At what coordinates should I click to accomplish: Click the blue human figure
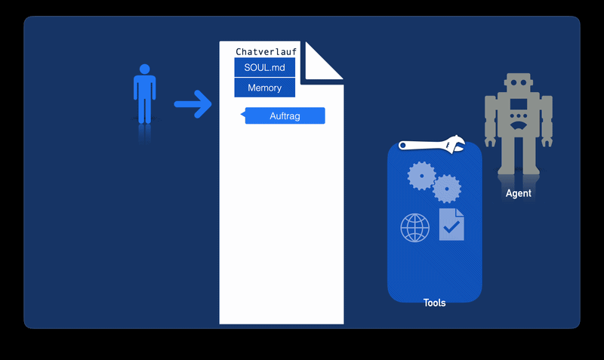144,94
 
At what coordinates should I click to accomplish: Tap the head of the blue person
144,69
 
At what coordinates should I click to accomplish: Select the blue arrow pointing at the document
193,104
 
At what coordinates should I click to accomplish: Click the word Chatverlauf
267,51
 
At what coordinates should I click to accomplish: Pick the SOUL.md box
265,67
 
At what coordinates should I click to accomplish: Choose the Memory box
265,88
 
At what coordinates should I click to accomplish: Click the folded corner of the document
322,62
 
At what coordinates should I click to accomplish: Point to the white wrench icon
431,145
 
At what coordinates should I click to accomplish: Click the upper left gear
421,176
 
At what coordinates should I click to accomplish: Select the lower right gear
447,189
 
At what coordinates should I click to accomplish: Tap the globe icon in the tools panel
414,228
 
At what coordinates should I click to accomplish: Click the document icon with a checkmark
451,224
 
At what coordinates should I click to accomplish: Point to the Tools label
435,303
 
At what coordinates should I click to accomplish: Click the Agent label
519,193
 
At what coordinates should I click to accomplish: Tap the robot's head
519,82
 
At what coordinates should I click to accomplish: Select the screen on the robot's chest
519,104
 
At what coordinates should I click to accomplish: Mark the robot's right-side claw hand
547,142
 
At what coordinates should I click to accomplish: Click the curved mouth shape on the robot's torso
519,125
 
